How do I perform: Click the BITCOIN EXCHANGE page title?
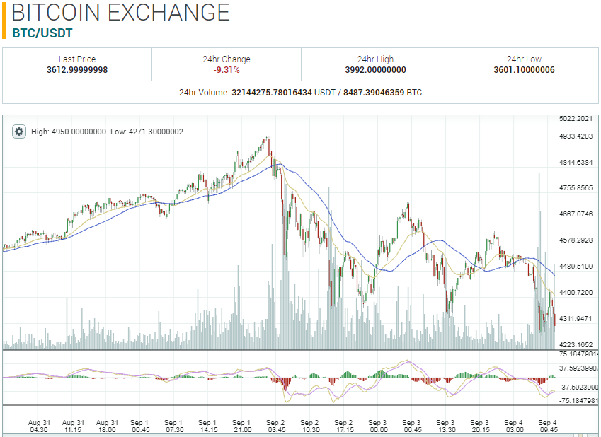pos(121,13)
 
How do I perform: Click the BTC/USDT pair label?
pos(42,33)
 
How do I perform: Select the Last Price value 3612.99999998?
pos(77,70)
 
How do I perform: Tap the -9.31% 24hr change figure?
pos(227,70)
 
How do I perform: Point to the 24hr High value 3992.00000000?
pos(376,70)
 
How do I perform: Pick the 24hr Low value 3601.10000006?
pos(525,70)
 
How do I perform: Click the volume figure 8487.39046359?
pos(374,93)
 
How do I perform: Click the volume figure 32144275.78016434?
pos(273,93)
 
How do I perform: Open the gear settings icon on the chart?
pos(19,132)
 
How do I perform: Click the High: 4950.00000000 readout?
pos(69,132)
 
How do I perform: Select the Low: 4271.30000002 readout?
pos(147,132)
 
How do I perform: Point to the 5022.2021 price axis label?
pos(576,118)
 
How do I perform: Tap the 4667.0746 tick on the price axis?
pos(576,214)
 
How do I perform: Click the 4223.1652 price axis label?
pos(576,344)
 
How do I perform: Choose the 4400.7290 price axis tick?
pos(576,292)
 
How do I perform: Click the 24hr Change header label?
pos(227,59)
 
